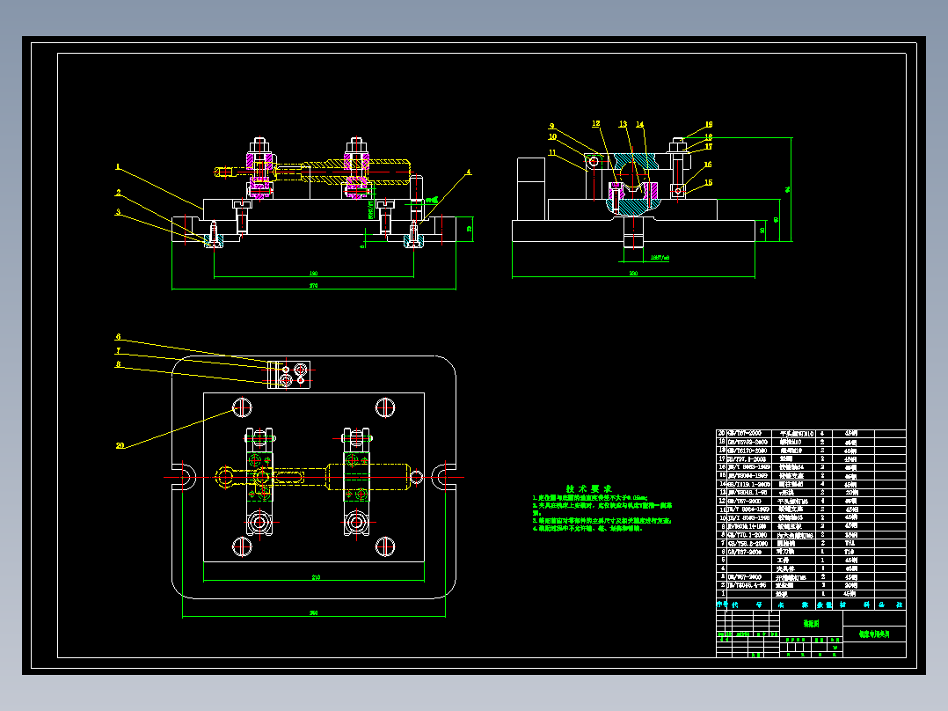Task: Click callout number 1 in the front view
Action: click(x=117, y=166)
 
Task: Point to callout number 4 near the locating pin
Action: click(x=469, y=172)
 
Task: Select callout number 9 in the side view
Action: click(x=552, y=126)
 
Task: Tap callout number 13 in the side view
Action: click(x=623, y=124)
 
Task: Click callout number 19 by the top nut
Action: click(x=708, y=125)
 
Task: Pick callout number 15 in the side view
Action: click(x=708, y=182)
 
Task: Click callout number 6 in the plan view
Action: click(x=119, y=337)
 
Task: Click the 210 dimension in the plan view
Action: click(x=314, y=577)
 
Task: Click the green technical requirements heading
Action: click(x=589, y=488)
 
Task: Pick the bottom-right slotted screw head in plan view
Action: click(x=384, y=545)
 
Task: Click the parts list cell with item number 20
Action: click(x=723, y=434)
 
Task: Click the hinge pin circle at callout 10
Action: click(x=594, y=161)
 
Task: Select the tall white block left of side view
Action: click(x=532, y=188)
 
